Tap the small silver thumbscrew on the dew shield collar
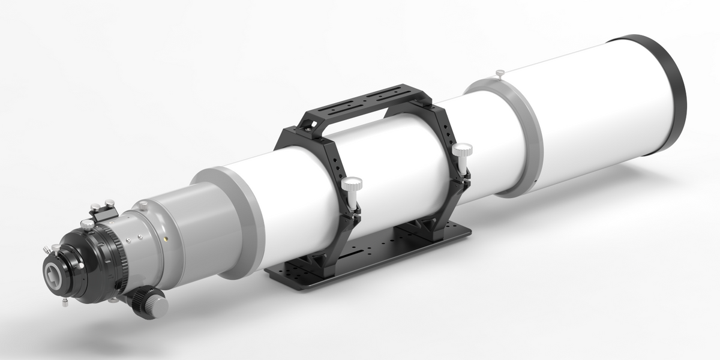click(x=500, y=74)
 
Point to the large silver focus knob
click(x=158, y=305)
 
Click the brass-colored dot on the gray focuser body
click(x=166, y=238)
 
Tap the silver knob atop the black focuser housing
click(x=88, y=224)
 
